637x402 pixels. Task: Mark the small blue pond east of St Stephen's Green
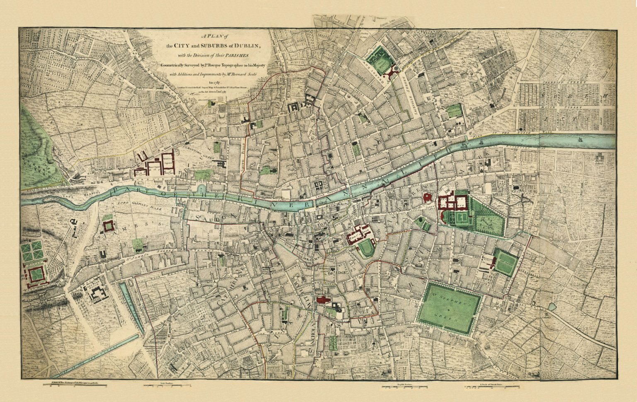(552, 307)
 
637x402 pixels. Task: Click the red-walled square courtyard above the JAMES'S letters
(109, 226)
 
